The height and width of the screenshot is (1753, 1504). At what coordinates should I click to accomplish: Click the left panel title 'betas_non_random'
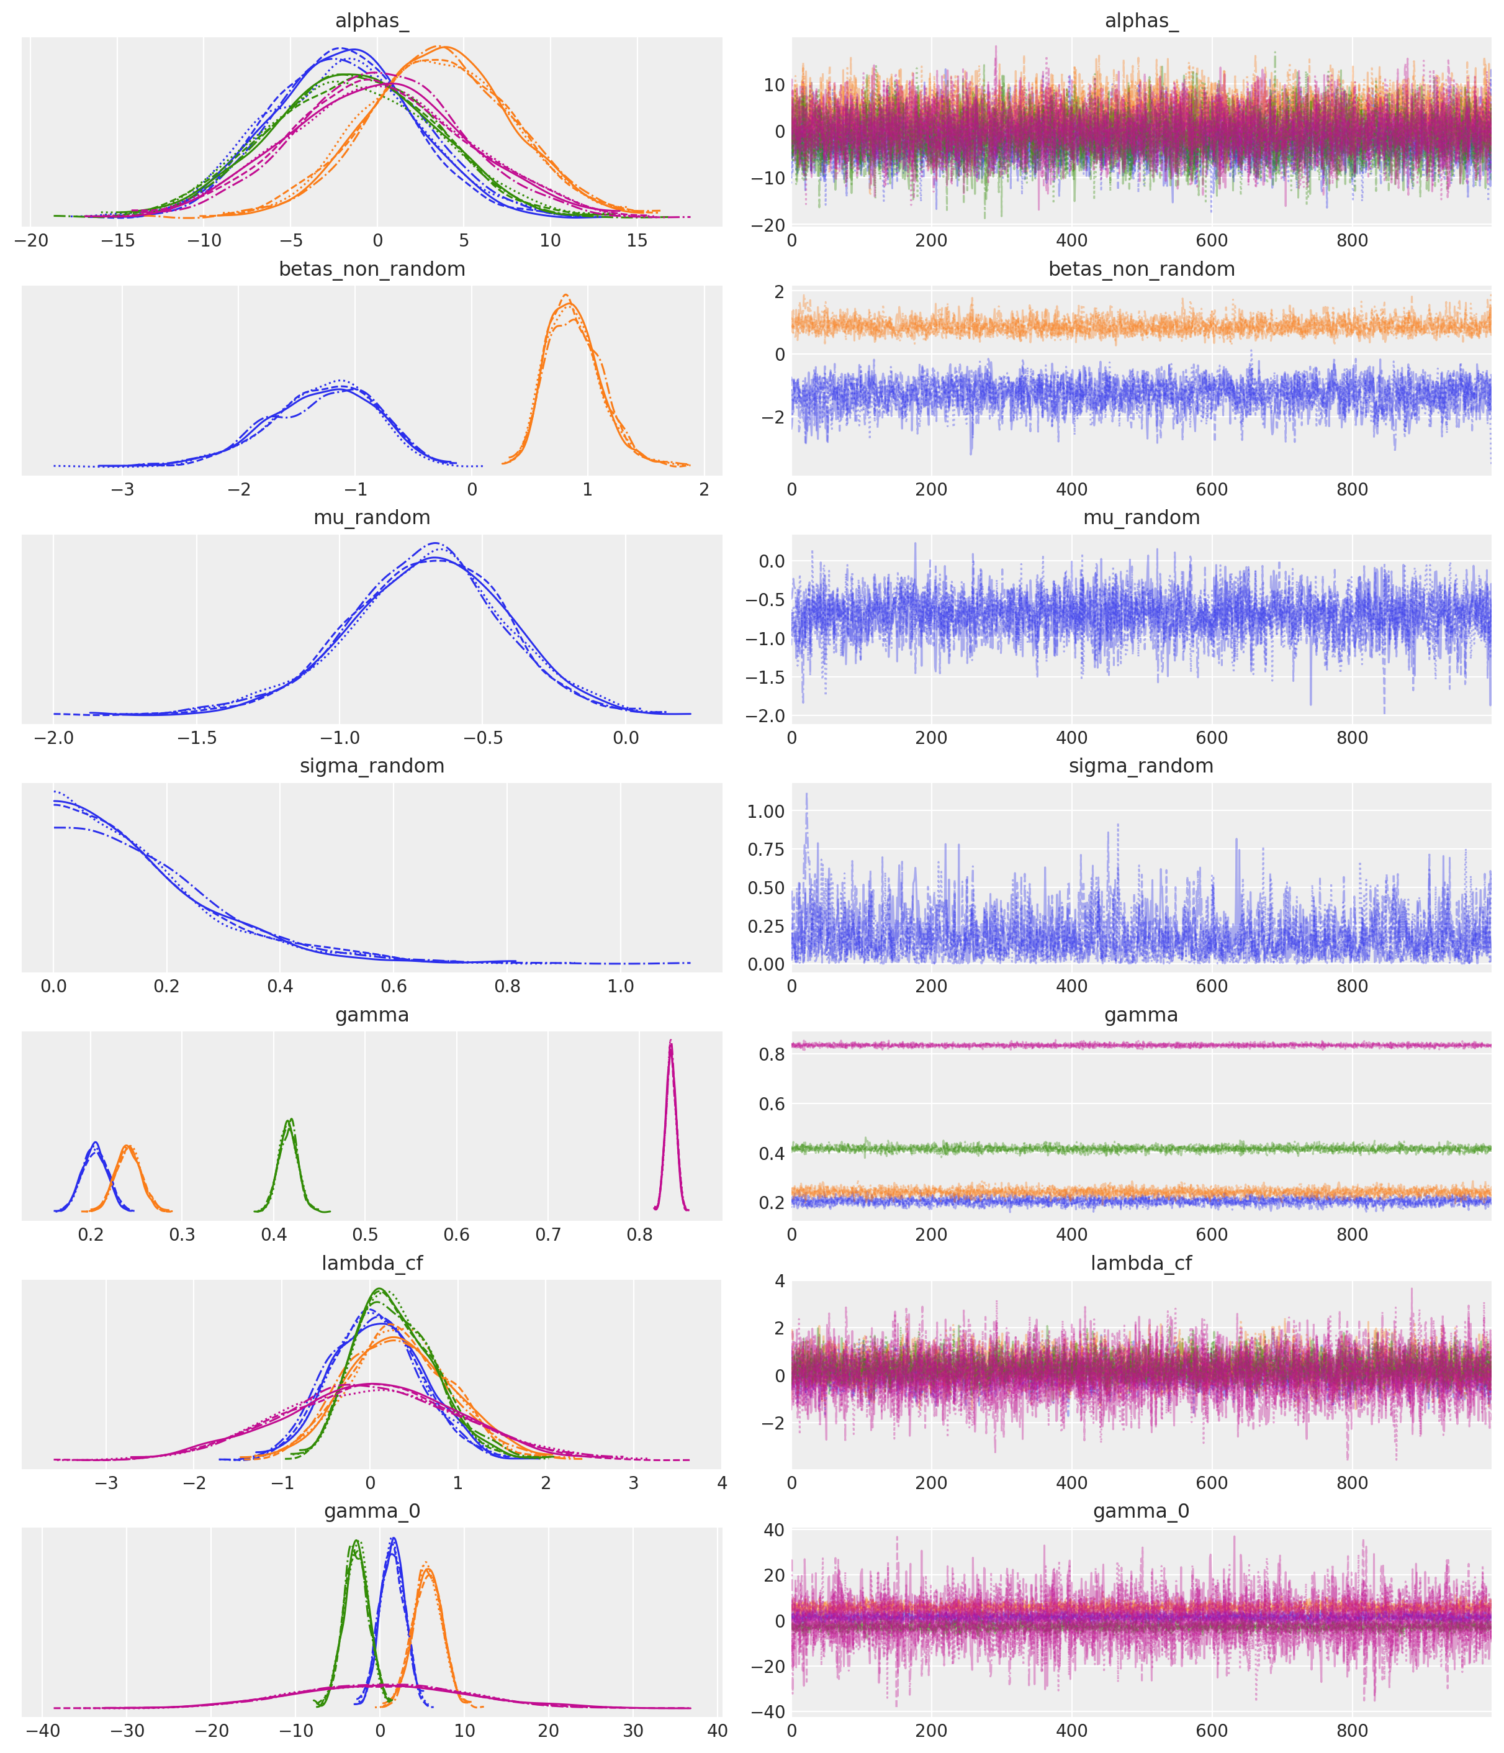372,269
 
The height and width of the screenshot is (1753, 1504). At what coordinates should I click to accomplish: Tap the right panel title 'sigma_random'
1141,766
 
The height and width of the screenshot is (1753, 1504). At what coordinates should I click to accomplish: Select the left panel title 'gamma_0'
372,1511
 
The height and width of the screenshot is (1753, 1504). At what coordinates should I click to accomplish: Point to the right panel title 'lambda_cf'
1141,1263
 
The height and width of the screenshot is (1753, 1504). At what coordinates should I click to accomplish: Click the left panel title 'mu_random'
372,517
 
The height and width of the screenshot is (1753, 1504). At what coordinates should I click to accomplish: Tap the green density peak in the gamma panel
290,1121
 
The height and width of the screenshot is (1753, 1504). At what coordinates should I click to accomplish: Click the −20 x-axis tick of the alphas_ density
31,240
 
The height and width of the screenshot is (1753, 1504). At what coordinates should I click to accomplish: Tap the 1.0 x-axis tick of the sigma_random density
620,985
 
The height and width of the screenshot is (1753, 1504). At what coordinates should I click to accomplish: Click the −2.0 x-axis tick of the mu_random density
53,737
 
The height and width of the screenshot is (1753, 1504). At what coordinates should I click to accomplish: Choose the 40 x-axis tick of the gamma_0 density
718,1731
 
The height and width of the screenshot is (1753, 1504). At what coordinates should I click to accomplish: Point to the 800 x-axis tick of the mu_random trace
1352,737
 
